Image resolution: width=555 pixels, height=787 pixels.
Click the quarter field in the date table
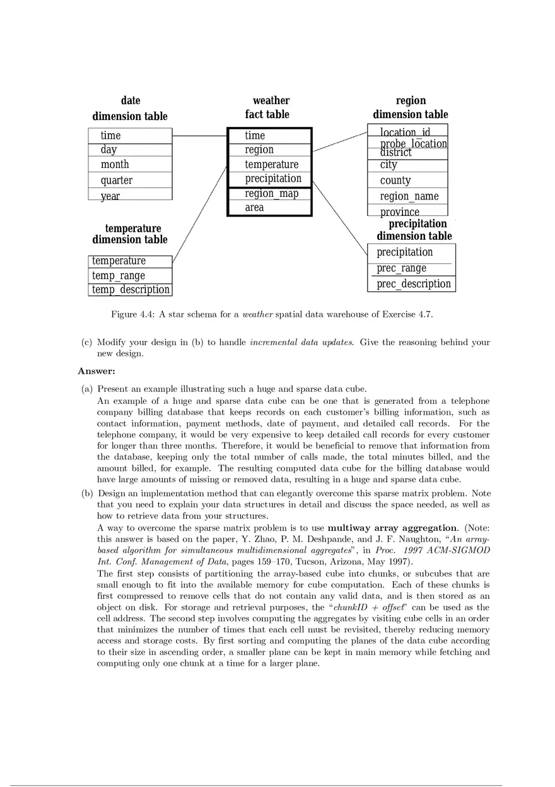point(117,180)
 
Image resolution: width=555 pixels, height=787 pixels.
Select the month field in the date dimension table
point(115,165)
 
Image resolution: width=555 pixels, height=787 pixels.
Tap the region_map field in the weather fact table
point(271,194)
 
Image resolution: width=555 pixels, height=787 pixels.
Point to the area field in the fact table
point(254,208)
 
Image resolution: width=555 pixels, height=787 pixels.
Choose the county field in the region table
point(395,180)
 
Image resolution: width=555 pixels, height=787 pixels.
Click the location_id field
point(405,132)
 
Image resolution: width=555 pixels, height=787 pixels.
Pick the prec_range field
point(401,268)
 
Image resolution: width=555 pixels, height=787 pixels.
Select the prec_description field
point(414,284)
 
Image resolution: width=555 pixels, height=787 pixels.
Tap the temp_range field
point(119,276)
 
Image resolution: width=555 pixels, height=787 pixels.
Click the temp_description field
point(131,290)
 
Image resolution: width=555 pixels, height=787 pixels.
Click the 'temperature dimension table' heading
point(131,234)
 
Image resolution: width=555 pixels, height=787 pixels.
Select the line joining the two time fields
point(199,136)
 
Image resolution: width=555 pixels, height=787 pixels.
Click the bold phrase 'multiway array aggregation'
point(394,528)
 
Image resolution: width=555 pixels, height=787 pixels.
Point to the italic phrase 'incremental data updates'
point(301,343)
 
